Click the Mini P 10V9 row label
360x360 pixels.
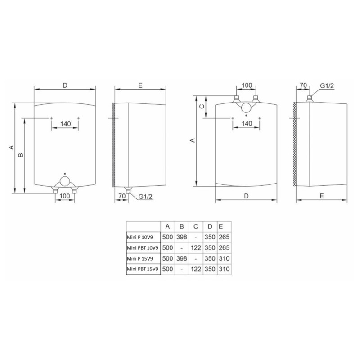[140, 238]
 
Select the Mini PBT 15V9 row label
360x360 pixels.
[143, 269]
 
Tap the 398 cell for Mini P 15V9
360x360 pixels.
[182, 258]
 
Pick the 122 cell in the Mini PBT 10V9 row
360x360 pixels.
[196, 248]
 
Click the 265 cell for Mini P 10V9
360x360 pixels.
[224, 237]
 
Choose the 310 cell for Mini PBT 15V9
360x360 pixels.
[224, 269]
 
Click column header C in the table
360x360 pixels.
[196, 227]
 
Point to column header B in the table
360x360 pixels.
[182, 227]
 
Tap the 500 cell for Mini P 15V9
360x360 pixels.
[167, 258]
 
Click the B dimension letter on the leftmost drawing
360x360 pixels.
[21, 155]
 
